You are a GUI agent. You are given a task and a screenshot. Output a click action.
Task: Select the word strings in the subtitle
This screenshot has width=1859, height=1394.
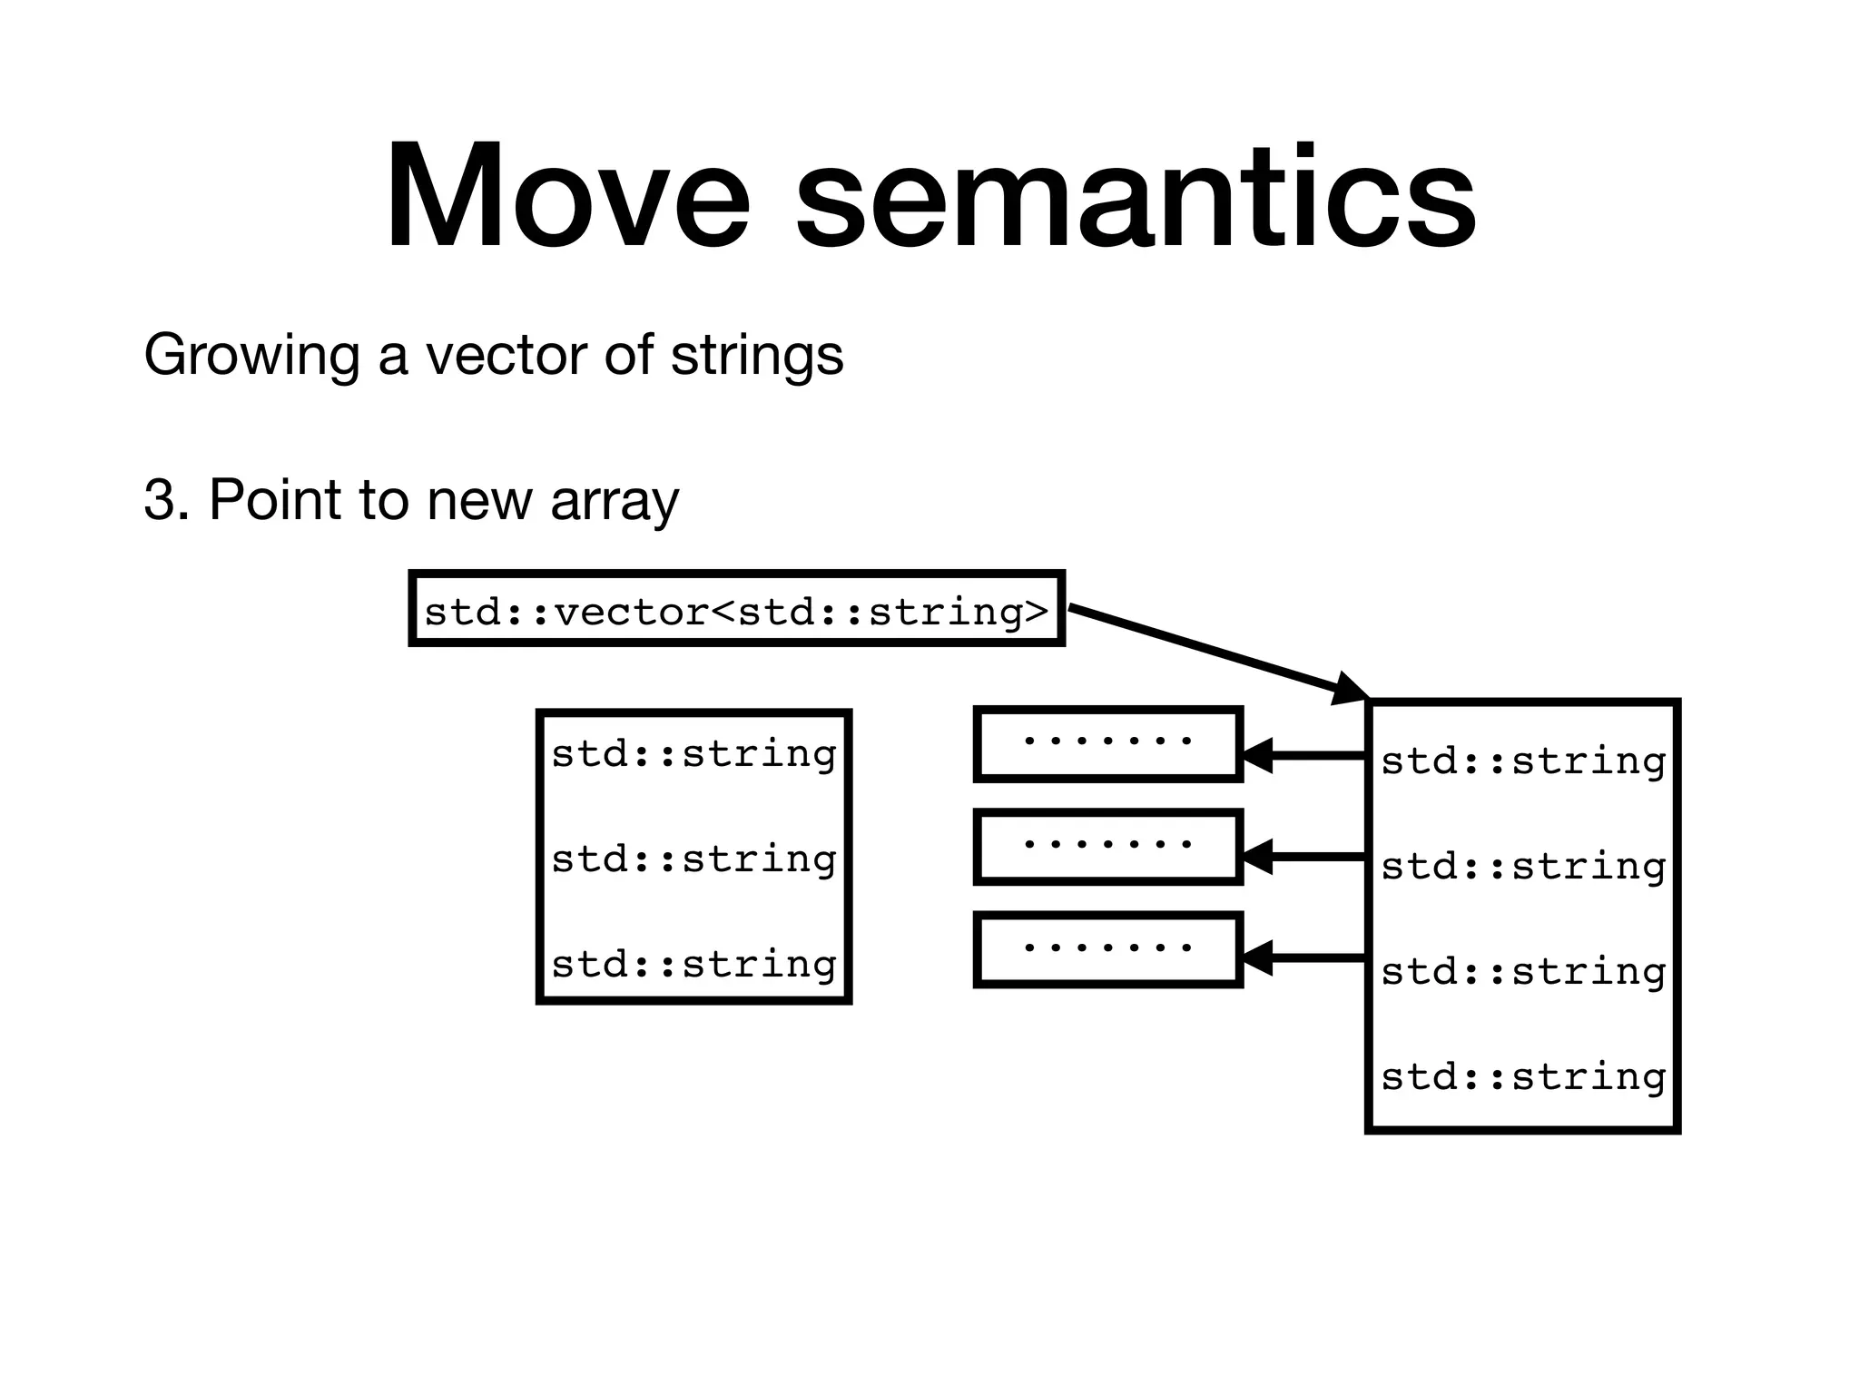[x=757, y=355]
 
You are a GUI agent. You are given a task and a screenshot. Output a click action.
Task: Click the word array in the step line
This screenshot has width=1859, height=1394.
[x=615, y=501]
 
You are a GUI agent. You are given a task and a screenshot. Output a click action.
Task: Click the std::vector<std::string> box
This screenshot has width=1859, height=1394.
[x=736, y=609]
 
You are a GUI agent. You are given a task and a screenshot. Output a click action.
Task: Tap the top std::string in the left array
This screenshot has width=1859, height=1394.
[x=694, y=754]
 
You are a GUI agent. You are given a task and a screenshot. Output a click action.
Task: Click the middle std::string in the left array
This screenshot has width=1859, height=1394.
[x=694, y=859]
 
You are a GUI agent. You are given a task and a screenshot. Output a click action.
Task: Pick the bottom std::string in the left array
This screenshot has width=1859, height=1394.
[x=694, y=964]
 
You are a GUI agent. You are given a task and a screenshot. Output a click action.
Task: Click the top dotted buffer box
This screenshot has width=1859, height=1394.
[x=1107, y=743]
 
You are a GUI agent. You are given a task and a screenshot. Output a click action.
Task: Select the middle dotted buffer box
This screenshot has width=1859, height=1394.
[x=1107, y=847]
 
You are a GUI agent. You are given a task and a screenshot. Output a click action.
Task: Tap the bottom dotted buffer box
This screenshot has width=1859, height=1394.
[x=1107, y=950]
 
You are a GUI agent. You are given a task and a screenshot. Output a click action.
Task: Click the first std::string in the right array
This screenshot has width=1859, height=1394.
[x=1523, y=761]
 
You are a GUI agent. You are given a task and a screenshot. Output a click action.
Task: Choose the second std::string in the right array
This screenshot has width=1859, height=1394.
[x=1523, y=867]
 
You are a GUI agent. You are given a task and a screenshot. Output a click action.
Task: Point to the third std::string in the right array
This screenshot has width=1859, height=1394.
[x=1523, y=972]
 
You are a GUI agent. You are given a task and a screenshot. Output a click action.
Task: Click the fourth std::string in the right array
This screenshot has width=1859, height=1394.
[x=1523, y=1077]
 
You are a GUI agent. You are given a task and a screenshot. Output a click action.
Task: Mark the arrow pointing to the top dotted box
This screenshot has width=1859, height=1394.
[x=1303, y=755]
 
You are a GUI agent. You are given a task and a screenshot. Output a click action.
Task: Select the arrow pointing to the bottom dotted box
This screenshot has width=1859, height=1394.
[x=1303, y=958]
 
